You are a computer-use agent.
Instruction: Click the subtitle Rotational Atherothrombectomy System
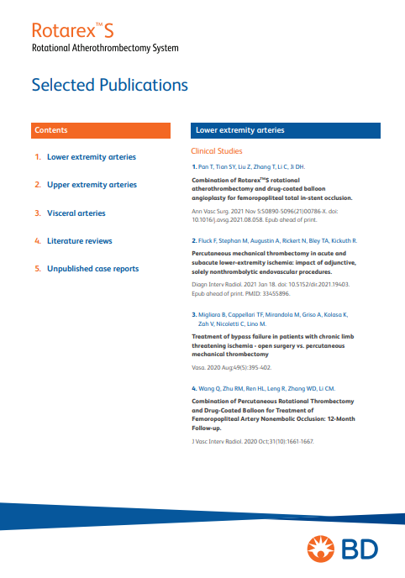pos(105,48)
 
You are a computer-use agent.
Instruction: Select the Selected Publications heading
pos(109,85)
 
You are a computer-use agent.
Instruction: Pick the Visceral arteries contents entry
pos(76,213)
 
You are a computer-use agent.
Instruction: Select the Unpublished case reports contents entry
pos(92,269)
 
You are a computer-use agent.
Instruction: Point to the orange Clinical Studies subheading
pos(217,151)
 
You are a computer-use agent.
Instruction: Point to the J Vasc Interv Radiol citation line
pos(253,441)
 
